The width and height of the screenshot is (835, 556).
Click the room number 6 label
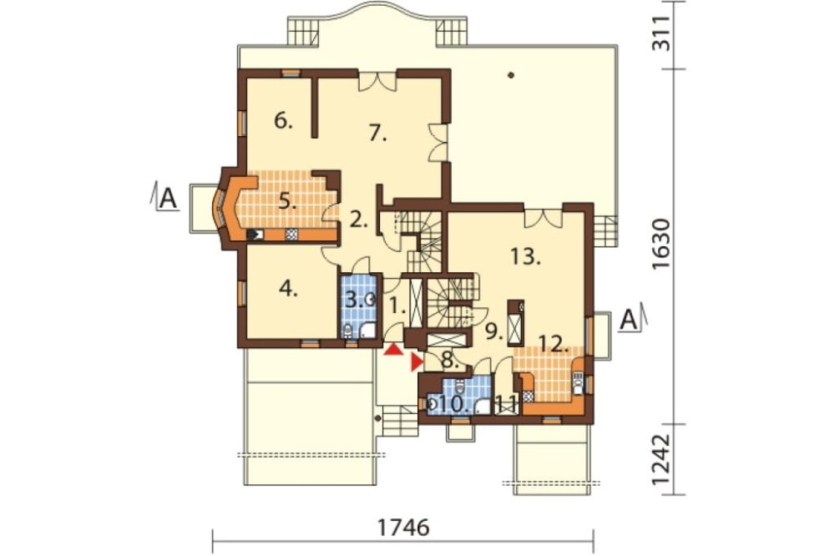coord(283,121)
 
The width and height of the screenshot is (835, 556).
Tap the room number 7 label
coord(377,133)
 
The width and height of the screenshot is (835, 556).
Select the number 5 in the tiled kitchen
coord(287,202)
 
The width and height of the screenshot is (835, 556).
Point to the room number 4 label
coord(288,289)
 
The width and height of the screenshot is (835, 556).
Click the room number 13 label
coord(525,256)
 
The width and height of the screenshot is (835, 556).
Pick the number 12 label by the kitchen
coord(554,344)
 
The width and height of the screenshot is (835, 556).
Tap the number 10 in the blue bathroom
coord(452,404)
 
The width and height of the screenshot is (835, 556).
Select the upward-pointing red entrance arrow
coord(393,349)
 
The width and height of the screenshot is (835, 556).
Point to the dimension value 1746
coord(403,528)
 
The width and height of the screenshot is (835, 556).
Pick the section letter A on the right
coord(629,320)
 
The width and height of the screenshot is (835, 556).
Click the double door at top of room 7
coord(377,80)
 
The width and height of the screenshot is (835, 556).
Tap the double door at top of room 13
coord(544,219)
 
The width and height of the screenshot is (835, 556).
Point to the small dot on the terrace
coord(511,75)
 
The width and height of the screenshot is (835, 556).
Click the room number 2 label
coord(357,220)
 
